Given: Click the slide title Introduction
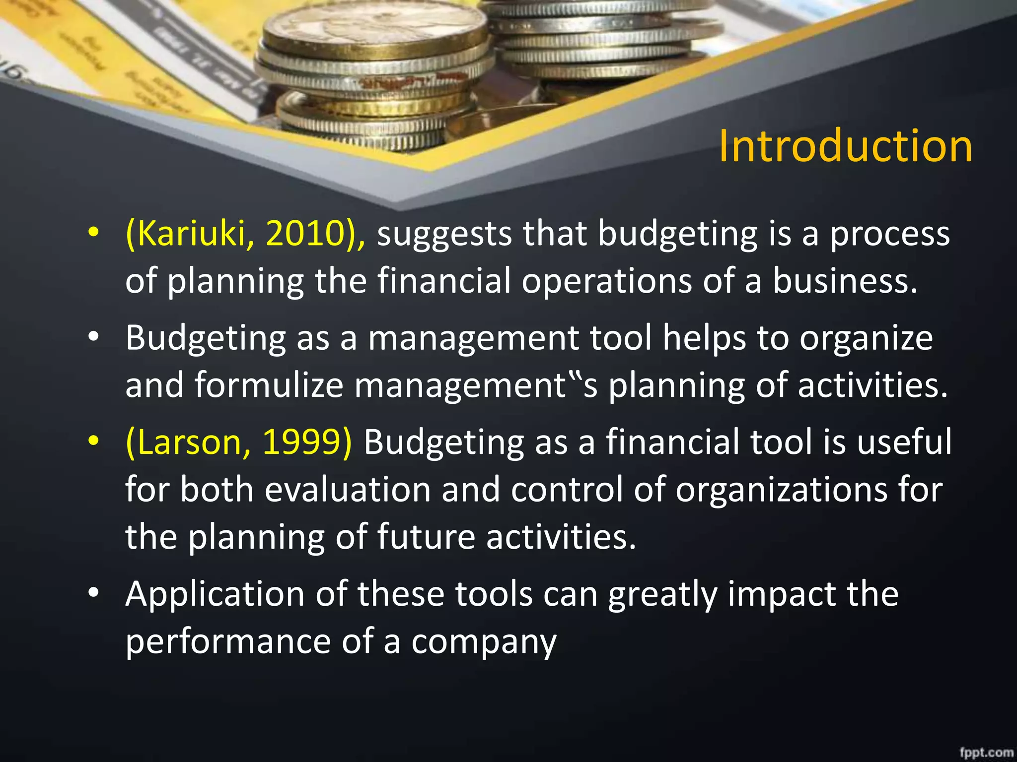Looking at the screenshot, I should click(x=845, y=146).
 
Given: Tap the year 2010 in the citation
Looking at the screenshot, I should click(x=303, y=233).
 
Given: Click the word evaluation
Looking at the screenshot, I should click(x=347, y=490).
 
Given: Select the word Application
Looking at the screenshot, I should click(x=215, y=594).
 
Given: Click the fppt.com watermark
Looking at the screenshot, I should click(x=986, y=752).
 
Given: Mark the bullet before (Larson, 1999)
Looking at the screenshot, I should click(x=93, y=441).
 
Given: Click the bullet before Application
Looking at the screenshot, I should click(x=93, y=593).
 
